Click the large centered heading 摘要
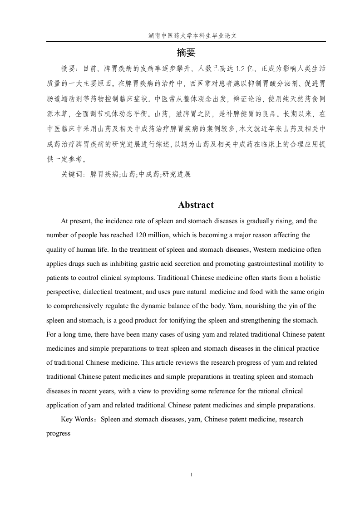coord(186,53)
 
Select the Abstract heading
coord(196,205)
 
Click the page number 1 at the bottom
coord(192,475)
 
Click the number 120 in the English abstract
coord(141,235)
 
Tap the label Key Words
coord(77,420)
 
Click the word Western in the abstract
coord(265,249)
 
